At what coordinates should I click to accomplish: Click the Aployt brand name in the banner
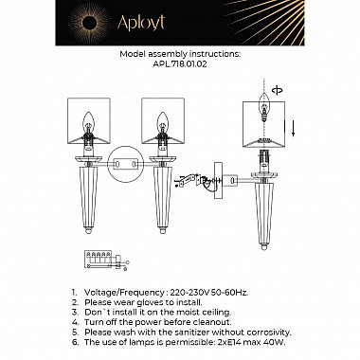[141, 23]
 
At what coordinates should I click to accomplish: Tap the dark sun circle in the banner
[89, 23]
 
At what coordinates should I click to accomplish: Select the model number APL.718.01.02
[180, 63]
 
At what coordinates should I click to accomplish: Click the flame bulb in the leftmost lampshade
[89, 122]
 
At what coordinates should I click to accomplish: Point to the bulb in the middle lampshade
[163, 122]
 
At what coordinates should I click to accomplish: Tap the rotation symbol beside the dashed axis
[278, 90]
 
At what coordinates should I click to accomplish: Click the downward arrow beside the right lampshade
[293, 129]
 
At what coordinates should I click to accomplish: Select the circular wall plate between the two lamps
[126, 164]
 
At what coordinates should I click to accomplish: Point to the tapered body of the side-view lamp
[264, 216]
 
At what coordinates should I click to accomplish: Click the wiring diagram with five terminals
[107, 261]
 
